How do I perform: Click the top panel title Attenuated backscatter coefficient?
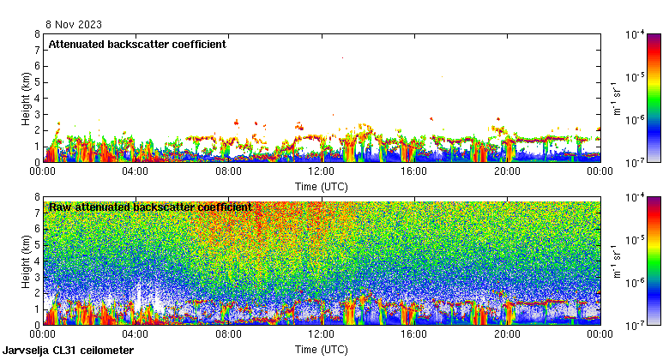[137, 44]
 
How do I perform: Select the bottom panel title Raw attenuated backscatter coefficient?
[150, 207]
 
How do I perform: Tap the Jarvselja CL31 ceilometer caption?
[69, 351]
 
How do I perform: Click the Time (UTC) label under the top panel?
[322, 186]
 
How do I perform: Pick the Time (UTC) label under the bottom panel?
[322, 350]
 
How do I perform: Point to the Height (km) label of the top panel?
[26, 98]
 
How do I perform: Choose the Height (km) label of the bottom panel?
[26, 261]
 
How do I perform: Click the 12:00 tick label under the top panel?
[322, 171]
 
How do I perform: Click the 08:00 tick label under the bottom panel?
[228, 334]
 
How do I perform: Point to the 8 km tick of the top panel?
[37, 34]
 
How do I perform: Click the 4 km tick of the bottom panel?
[37, 261]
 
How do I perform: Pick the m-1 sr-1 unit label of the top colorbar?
[615, 98]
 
